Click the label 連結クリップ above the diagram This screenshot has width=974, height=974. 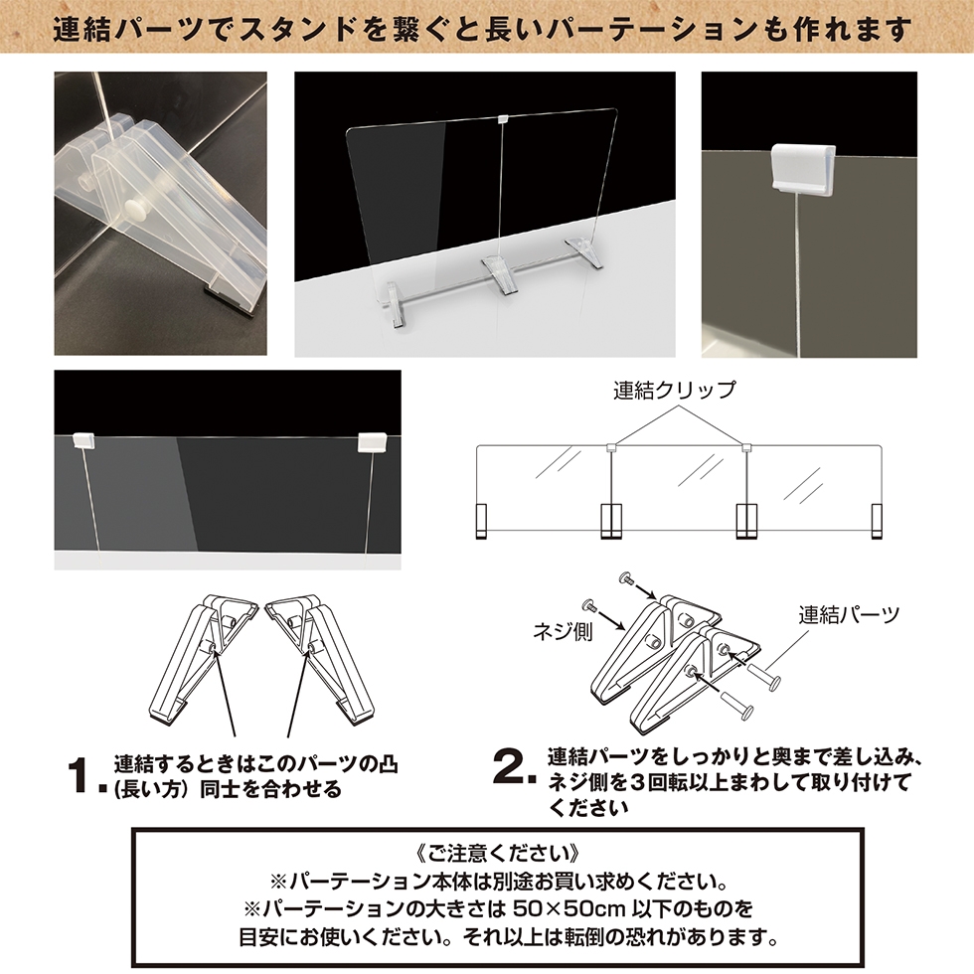[x=675, y=390]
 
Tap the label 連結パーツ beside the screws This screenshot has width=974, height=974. [x=849, y=615]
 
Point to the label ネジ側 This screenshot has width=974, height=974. [x=563, y=631]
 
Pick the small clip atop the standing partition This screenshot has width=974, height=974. [x=503, y=117]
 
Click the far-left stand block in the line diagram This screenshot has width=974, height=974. [x=481, y=521]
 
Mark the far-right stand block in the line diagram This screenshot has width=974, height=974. [x=877, y=521]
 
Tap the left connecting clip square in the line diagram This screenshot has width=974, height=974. [x=610, y=446]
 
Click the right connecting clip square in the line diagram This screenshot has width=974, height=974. [x=746, y=446]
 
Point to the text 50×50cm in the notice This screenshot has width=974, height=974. [x=568, y=908]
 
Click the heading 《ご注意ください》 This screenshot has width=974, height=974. [x=498, y=854]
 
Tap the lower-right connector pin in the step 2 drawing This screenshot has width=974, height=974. [x=737, y=704]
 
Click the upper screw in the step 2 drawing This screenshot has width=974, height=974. [x=627, y=578]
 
